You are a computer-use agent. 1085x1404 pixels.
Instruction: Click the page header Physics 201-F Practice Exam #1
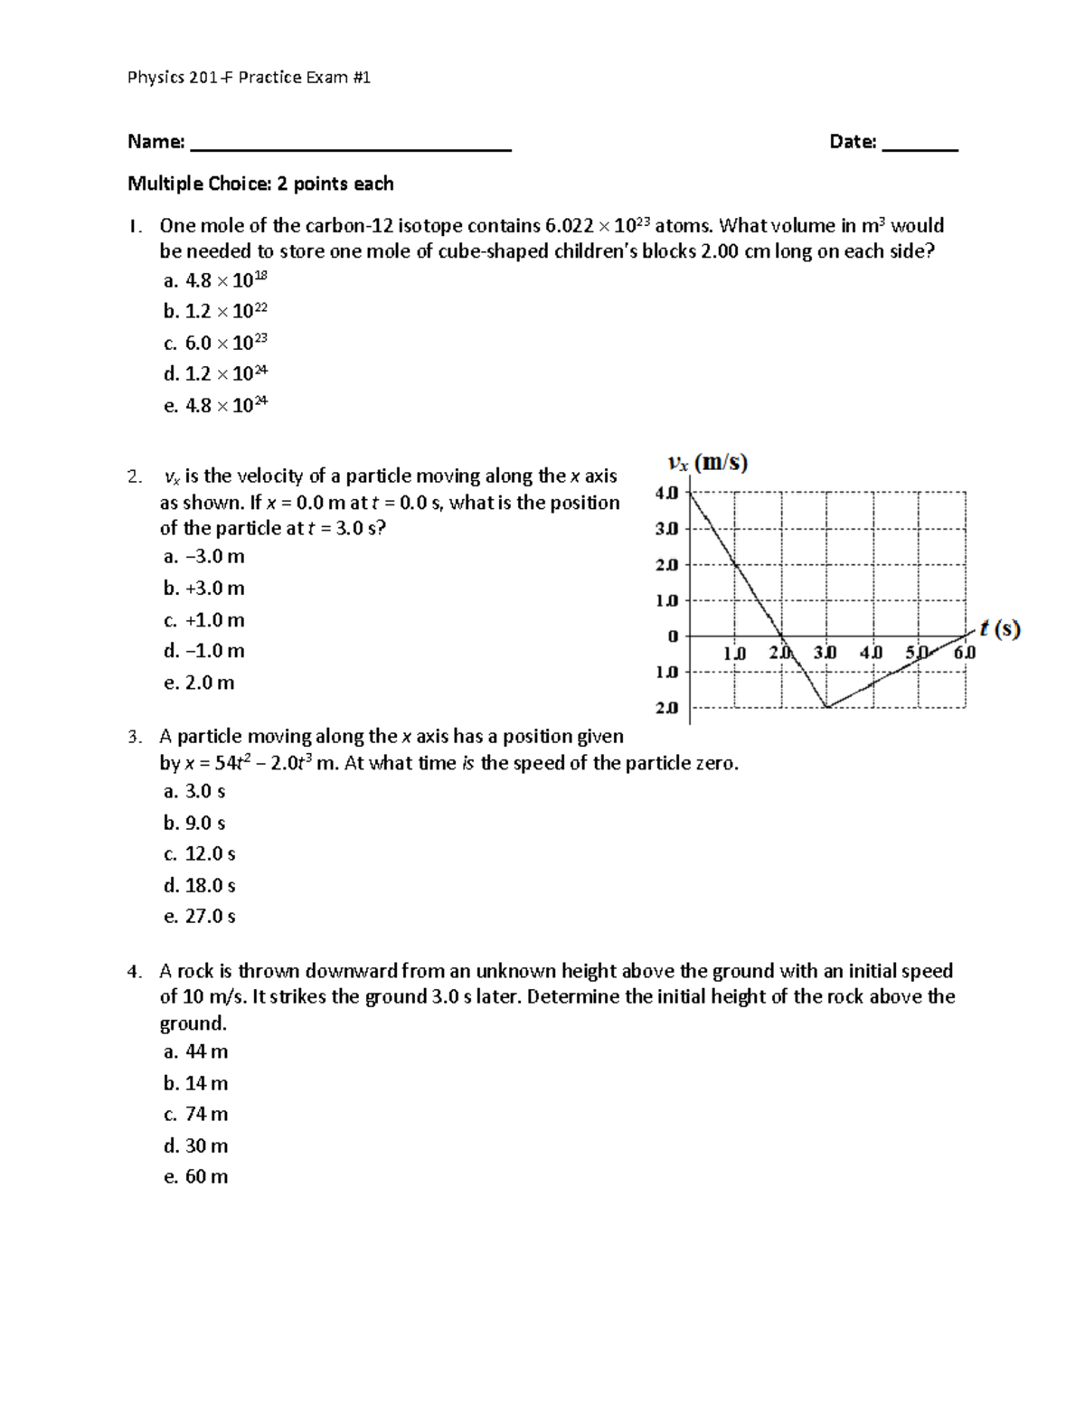[x=249, y=78]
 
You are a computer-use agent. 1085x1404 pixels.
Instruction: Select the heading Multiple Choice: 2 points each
[x=260, y=184]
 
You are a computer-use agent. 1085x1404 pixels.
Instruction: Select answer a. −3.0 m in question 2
[x=204, y=557]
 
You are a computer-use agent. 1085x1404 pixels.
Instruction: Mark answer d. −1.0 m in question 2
[x=204, y=651]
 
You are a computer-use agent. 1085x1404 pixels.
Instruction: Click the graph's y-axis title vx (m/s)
[x=707, y=464]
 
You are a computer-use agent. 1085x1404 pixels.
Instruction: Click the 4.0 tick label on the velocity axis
[x=665, y=493]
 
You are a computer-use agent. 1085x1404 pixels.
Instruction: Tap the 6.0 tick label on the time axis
[x=965, y=652]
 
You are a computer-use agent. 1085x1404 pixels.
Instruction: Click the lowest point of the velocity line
[x=826, y=707]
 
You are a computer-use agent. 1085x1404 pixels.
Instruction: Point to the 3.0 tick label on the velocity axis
[x=665, y=529]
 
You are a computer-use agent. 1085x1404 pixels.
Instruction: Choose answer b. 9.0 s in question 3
[x=194, y=824]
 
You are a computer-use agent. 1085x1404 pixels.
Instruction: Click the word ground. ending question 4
[x=193, y=1023]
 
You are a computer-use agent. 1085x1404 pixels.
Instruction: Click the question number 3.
[x=134, y=738]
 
